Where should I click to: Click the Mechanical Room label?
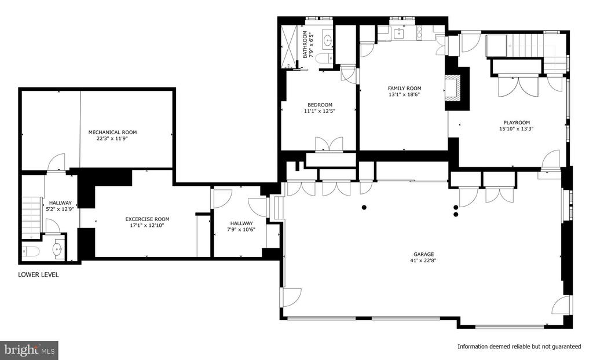coord(112,133)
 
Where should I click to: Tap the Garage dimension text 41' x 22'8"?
coord(423,260)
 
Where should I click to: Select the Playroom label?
coord(516,123)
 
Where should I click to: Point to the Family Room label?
coord(404,89)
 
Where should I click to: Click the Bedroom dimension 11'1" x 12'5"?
coord(320,111)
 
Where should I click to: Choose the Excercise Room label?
coord(147,219)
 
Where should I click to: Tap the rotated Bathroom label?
coord(305,44)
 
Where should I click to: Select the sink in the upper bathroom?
coord(328,40)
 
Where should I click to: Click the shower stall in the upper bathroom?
coord(291,46)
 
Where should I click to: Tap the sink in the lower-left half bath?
coord(58,249)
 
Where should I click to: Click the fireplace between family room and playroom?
coord(453,89)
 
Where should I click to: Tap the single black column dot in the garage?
coord(364,207)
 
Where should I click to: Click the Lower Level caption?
coord(38,275)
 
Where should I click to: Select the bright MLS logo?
coord(29,350)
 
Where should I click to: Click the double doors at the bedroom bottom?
coord(329,145)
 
